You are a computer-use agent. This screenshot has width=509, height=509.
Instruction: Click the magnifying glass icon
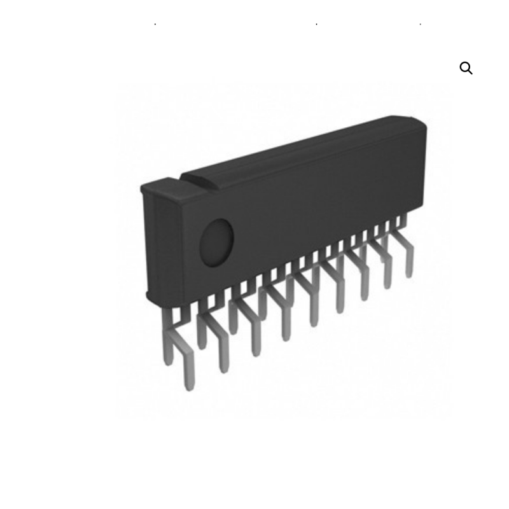click(x=466, y=68)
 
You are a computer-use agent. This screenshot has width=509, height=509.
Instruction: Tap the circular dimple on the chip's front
click(x=217, y=242)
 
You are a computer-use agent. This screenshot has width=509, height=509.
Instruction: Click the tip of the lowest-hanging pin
click(x=189, y=386)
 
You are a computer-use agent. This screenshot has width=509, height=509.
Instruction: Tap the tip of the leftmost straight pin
click(x=169, y=361)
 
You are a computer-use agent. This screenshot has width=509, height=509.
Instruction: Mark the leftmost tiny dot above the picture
click(x=155, y=25)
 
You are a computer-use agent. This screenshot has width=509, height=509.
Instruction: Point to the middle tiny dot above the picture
click(x=317, y=25)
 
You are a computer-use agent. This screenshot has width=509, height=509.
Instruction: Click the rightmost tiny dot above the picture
click(x=421, y=25)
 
